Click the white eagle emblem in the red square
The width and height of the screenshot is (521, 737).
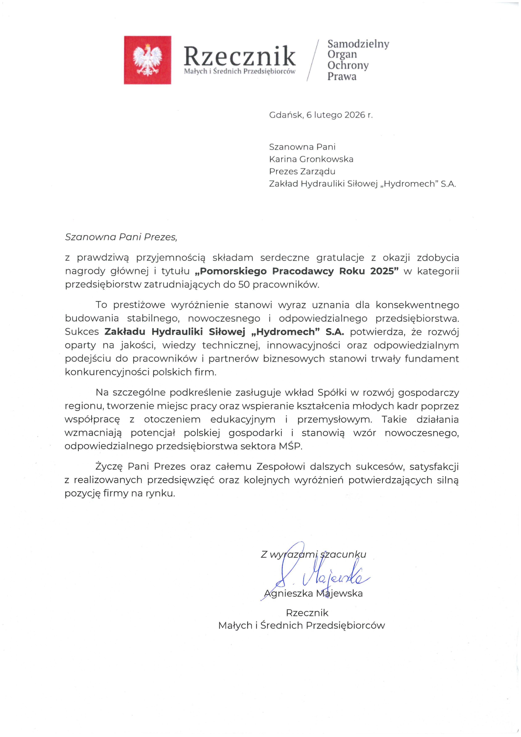(x=147, y=60)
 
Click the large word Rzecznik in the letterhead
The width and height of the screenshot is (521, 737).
(x=239, y=56)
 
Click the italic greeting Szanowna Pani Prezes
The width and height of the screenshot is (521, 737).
(x=121, y=237)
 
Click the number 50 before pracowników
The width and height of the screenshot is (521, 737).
(x=244, y=285)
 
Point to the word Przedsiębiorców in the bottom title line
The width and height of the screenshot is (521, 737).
(x=345, y=625)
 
